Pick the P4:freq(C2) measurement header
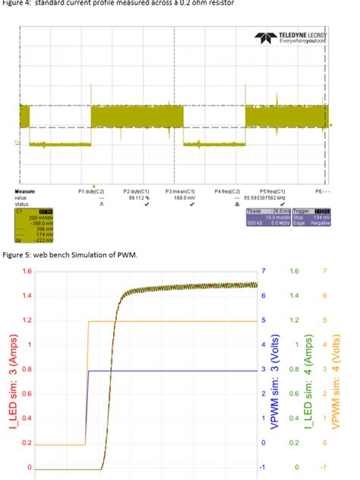[x=227, y=191]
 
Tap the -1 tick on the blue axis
[x=263, y=467]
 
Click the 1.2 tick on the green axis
[x=297, y=321]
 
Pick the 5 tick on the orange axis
[x=324, y=321]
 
